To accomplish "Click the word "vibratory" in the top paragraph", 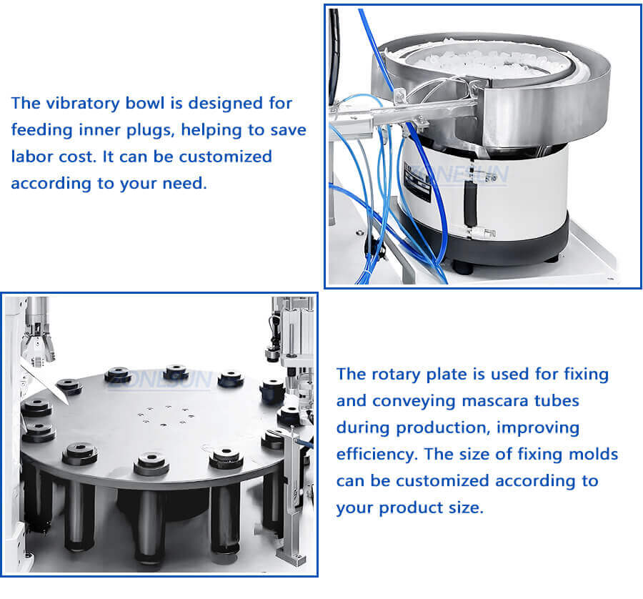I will tap(79, 103).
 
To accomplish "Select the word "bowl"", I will tap(146, 103).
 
